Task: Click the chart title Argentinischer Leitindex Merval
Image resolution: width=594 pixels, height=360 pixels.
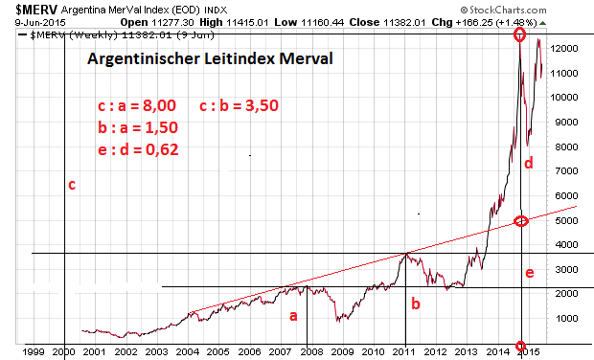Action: pyautogui.click(x=211, y=59)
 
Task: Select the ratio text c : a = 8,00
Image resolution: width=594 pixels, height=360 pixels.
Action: pyautogui.click(x=138, y=106)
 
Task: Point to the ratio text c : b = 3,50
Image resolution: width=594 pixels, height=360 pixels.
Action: pyautogui.click(x=240, y=106)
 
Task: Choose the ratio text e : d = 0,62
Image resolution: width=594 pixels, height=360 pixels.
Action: pyautogui.click(x=138, y=148)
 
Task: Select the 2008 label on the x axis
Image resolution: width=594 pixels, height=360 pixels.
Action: pyautogui.click(x=312, y=351)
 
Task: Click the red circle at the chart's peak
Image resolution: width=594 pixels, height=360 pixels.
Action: pyautogui.click(x=520, y=34)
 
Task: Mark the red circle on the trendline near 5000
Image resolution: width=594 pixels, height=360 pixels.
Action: pyautogui.click(x=521, y=221)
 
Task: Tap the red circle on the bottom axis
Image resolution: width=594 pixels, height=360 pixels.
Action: pyautogui.click(x=521, y=345)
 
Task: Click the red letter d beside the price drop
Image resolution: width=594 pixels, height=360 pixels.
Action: pyautogui.click(x=529, y=164)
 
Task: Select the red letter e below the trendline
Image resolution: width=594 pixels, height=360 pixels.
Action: pyautogui.click(x=529, y=274)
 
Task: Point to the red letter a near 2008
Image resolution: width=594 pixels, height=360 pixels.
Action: pyautogui.click(x=294, y=314)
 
